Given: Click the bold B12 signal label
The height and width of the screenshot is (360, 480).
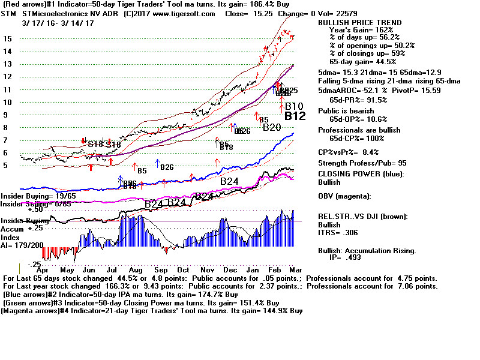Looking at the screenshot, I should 295,116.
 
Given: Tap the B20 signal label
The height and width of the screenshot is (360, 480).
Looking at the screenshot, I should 272,127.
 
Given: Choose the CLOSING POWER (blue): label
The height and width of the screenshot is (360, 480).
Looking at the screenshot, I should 361,174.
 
